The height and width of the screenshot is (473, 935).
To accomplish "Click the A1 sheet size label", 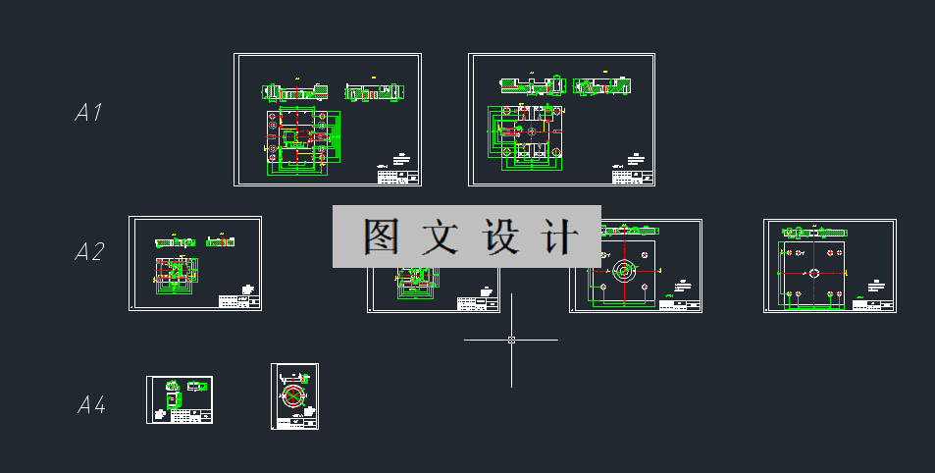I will [88, 113].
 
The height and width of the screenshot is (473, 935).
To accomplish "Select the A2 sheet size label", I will [89, 252].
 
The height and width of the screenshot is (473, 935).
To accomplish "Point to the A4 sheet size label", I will [91, 404].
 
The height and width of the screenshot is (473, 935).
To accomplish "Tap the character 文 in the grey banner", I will [441, 236].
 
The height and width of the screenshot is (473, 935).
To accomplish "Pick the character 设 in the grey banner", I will [500, 236].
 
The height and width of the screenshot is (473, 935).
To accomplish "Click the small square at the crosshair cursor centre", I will [511, 340].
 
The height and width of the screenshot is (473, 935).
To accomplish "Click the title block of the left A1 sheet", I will [397, 177].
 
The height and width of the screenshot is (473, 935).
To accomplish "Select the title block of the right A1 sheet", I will [632, 177].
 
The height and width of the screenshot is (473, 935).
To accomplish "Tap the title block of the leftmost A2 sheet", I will [238, 302].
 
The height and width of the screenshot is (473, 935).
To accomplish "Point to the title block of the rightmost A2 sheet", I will [873, 305].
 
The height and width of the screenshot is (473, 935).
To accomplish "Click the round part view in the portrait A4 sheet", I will [292, 398].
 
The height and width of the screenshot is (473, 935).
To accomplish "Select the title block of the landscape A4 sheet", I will [193, 415].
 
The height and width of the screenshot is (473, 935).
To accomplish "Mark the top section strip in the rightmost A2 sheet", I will [813, 232].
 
